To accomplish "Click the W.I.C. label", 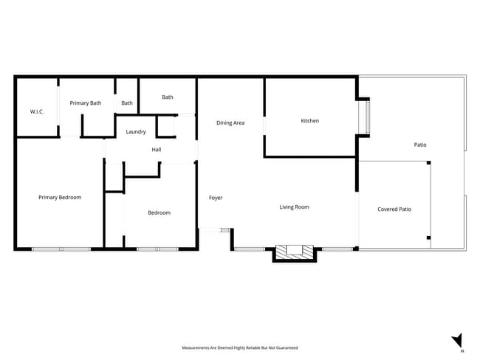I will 37,111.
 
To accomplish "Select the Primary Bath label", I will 86,103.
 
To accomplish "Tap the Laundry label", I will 136,132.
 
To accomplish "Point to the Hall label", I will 157,150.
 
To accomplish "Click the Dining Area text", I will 230,123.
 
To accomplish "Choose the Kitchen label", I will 310,121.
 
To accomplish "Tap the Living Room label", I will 294,207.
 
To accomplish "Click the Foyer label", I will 216,198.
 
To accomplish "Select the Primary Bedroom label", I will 60,198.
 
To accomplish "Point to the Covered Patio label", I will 394,210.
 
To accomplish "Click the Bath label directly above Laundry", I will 168,97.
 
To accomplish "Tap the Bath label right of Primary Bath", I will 127,103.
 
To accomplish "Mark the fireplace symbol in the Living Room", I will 294,252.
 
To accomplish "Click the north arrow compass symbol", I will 458,340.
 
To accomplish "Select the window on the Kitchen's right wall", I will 363,117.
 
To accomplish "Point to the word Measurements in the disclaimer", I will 196,347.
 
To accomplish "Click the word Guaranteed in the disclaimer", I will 287,347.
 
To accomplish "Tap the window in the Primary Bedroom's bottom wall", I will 61,249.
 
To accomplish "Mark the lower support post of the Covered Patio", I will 429,238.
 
